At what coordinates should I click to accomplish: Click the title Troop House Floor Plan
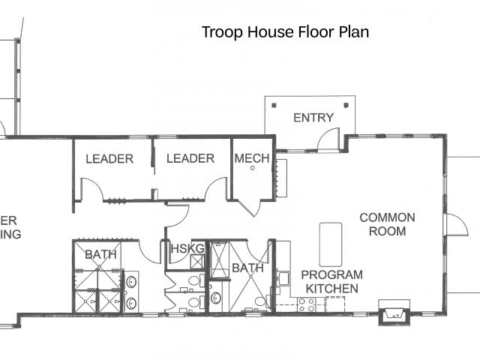point(285,32)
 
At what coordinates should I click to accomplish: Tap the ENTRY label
point(313,118)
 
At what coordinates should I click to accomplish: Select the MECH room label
point(252,158)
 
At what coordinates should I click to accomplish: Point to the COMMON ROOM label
point(387,224)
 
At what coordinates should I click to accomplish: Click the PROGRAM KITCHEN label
point(331,282)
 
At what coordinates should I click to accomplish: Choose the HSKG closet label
point(187,248)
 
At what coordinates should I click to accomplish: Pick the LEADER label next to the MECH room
point(190,158)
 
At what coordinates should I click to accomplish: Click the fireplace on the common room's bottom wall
point(394,313)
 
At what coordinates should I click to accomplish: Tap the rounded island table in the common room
point(331,244)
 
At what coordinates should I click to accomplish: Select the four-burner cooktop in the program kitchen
point(307,305)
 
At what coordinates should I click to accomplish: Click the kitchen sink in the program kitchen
point(283,278)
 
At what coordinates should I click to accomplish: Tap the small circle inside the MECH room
point(253,168)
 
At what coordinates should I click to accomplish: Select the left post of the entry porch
point(274,105)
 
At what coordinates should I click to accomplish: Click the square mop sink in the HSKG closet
point(196,262)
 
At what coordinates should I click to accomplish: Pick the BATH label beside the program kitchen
point(247,268)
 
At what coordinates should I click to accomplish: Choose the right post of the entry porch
point(346,105)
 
